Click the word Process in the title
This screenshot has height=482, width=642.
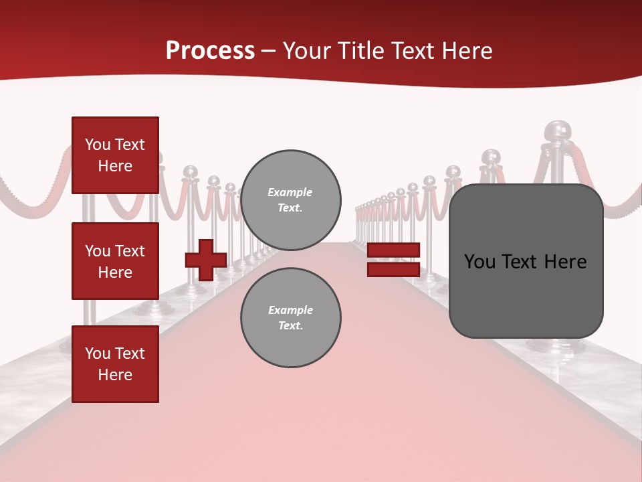pos(210,51)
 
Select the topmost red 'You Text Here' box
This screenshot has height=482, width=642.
pos(115,155)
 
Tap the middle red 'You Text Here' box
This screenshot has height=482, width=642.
pos(115,261)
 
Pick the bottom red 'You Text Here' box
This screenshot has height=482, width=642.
pos(115,364)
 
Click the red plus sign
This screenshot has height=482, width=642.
pos(206,260)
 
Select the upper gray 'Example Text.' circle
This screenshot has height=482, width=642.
pos(290,200)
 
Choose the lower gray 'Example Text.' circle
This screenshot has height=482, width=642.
pos(290,318)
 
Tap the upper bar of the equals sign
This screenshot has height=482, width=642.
pos(393,250)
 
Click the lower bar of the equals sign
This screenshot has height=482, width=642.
pos(393,270)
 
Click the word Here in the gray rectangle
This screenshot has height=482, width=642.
pos(566,262)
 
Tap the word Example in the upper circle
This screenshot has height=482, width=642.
pos(290,192)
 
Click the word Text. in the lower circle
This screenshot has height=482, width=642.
pos(290,326)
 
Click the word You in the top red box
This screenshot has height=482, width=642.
pos(98,145)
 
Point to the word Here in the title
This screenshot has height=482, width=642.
pos(467,51)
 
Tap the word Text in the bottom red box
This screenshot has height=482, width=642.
pos(130,353)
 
